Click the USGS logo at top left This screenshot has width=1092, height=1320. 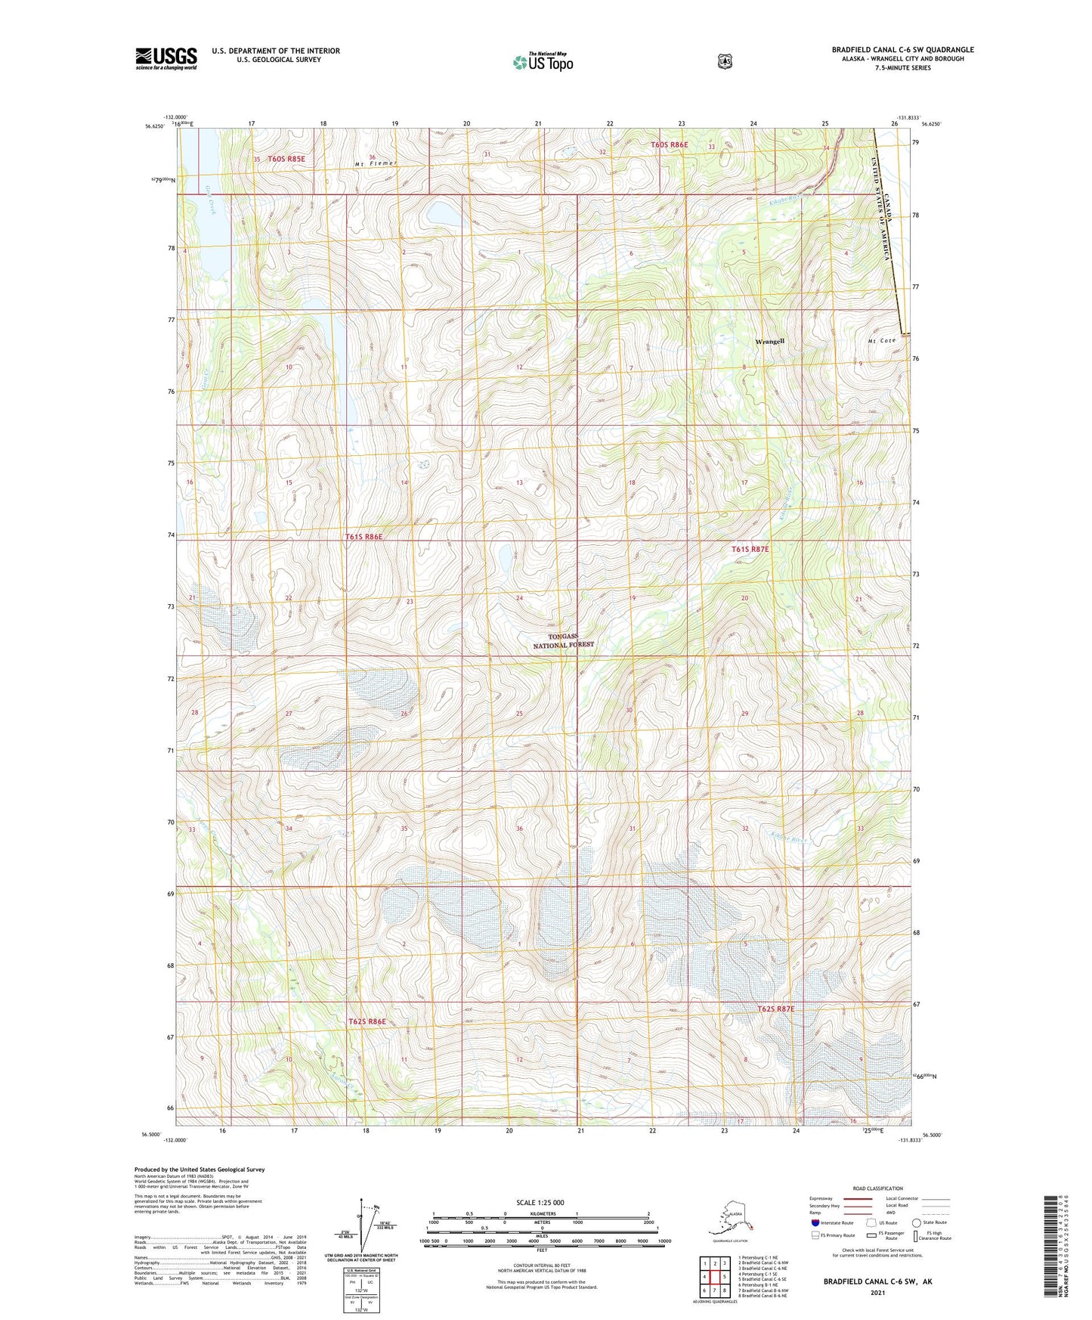(166, 57)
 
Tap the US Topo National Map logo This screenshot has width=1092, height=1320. (542, 61)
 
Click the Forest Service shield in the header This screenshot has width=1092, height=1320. (725, 61)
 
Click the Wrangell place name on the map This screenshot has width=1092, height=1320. (769, 342)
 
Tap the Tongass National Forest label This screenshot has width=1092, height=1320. (564, 641)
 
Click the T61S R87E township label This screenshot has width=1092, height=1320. (750, 550)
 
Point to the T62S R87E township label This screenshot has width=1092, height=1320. (776, 1009)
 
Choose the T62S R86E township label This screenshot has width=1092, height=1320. (367, 1021)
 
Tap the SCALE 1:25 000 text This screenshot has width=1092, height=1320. (540, 1202)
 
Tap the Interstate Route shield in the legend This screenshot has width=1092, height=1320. (815, 1222)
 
